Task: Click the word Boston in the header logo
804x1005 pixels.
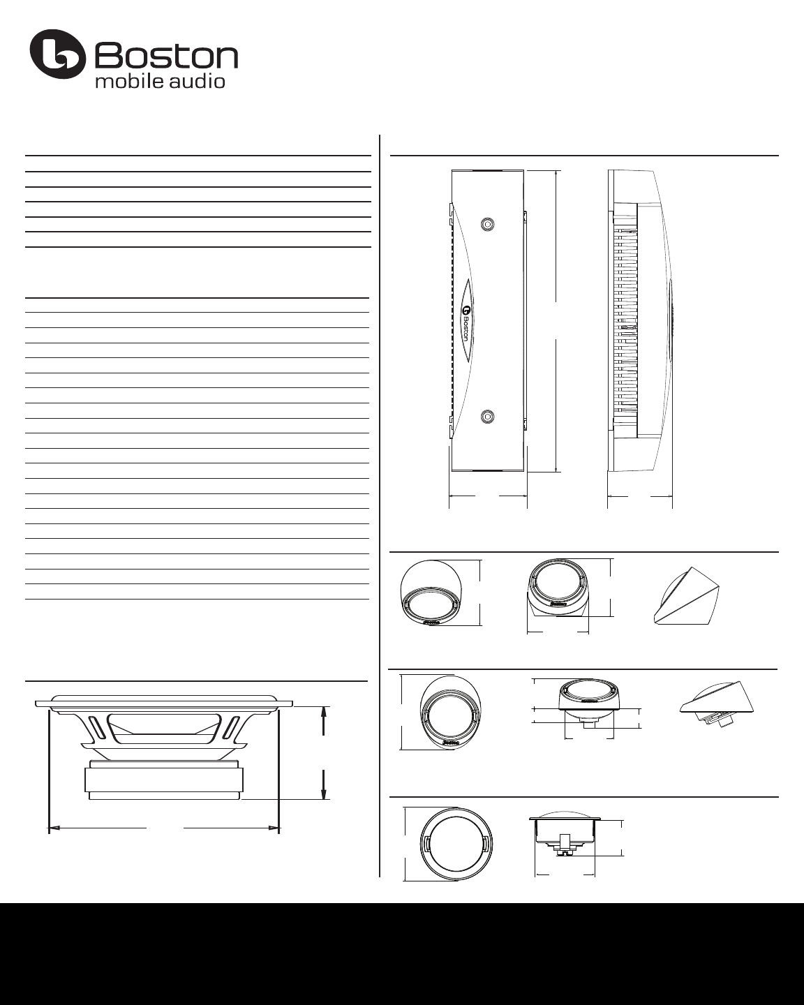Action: click(167, 57)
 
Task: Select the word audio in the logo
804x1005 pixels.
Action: click(197, 81)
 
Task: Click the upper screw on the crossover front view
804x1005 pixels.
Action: click(487, 224)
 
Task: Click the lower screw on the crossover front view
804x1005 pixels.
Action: click(487, 416)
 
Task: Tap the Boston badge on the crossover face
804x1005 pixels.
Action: click(465, 318)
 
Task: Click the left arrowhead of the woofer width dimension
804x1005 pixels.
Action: click(54, 828)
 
